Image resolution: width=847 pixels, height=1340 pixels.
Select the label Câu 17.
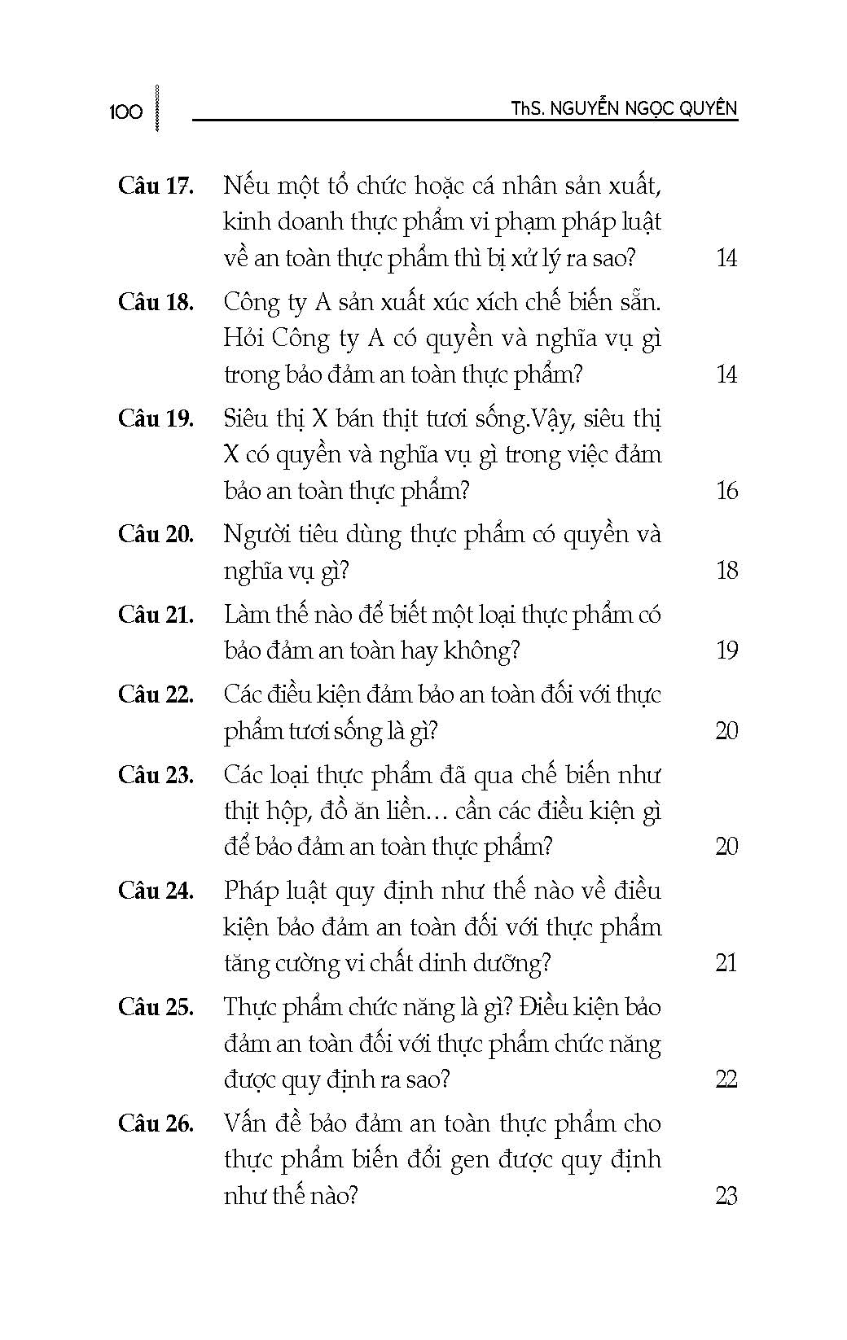(156, 186)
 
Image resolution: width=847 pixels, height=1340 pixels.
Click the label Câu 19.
(156, 418)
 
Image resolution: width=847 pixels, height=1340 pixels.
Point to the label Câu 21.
(156, 615)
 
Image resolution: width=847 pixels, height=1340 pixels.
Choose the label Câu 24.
(156, 891)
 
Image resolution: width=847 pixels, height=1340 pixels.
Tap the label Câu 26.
(156, 1124)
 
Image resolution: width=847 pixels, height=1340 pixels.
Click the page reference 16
(726, 490)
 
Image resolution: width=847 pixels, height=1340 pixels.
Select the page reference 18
(726, 570)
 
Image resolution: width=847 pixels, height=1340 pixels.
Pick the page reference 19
(726, 650)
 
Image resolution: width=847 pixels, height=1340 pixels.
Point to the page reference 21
(726, 963)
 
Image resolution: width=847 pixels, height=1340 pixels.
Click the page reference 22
(726, 1079)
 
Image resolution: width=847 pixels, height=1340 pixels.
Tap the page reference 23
(726, 1196)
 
